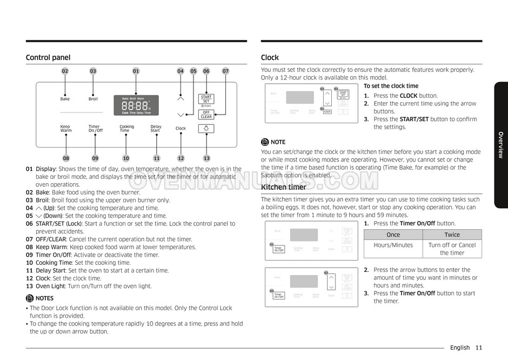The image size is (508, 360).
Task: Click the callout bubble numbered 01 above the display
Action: click(x=136, y=71)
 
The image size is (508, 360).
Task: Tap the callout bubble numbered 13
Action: click(x=206, y=158)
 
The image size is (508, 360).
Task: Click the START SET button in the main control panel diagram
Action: click(x=206, y=99)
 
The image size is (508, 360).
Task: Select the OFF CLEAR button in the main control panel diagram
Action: click(x=206, y=115)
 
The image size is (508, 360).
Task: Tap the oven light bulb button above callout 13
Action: click(x=206, y=129)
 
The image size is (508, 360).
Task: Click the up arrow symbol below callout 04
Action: click(x=181, y=98)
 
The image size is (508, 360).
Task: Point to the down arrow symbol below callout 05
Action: click(x=181, y=115)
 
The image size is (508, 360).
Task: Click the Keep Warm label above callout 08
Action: click(x=65, y=129)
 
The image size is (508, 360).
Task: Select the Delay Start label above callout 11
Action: click(x=156, y=129)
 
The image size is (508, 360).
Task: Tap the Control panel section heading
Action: click(x=48, y=57)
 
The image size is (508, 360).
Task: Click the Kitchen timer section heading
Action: click(x=283, y=187)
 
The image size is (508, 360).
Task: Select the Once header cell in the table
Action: click(x=393, y=235)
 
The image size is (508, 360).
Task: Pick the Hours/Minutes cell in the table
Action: click(x=393, y=245)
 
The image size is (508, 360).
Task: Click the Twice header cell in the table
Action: click(x=452, y=235)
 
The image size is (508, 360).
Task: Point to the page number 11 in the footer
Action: click(x=479, y=348)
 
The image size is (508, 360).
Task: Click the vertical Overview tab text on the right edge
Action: click(x=500, y=144)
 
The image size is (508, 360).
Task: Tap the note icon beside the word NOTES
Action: click(x=30, y=298)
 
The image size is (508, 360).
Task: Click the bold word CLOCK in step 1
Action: click(x=408, y=96)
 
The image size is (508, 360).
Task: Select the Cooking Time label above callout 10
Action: click(x=126, y=129)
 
